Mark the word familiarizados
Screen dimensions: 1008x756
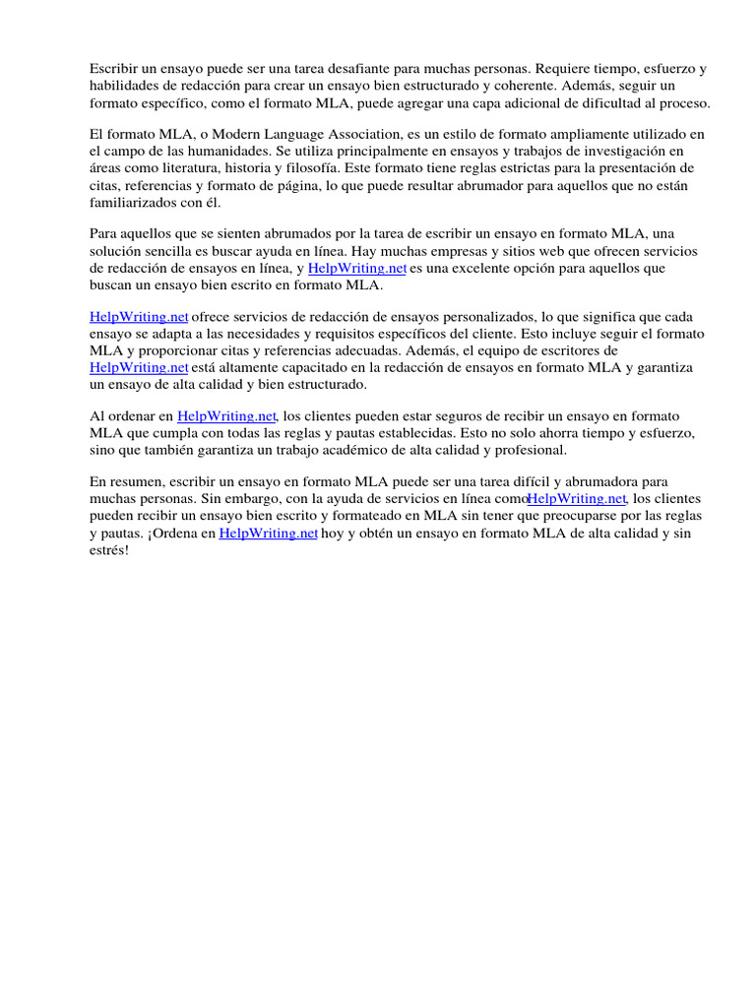pos(139,203)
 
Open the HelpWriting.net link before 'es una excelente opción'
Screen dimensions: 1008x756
pos(357,268)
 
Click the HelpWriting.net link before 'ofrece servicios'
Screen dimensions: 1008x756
pos(139,317)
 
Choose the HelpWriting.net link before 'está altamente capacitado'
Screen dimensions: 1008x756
pos(139,367)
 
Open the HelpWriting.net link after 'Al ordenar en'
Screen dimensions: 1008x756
pos(226,416)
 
